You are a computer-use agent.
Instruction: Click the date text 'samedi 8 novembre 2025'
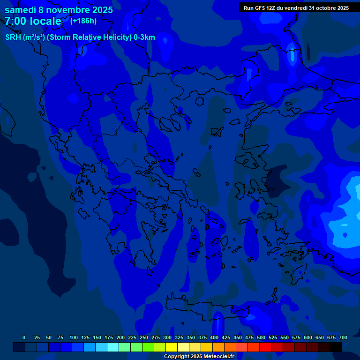(x=59, y=10)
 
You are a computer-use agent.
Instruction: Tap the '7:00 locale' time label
(x=33, y=22)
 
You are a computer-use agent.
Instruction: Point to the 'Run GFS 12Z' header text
(x=260, y=8)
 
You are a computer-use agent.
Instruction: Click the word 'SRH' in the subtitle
(x=13, y=37)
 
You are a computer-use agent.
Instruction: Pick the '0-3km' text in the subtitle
(x=144, y=37)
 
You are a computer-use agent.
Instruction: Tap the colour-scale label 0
(x=24, y=337)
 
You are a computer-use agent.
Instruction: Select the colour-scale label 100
(x=74, y=337)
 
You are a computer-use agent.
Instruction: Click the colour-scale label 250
(x=144, y=337)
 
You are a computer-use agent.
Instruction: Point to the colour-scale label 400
(x=214, y=337)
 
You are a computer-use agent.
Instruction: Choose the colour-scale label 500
(x=261, y=337)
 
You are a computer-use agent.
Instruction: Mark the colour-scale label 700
(x=343, y=337)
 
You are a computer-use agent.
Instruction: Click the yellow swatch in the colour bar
(x=172, y=347)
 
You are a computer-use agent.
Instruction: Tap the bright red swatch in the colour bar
(x=265, y=347)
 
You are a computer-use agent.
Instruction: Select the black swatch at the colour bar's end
(x=336, y=347)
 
